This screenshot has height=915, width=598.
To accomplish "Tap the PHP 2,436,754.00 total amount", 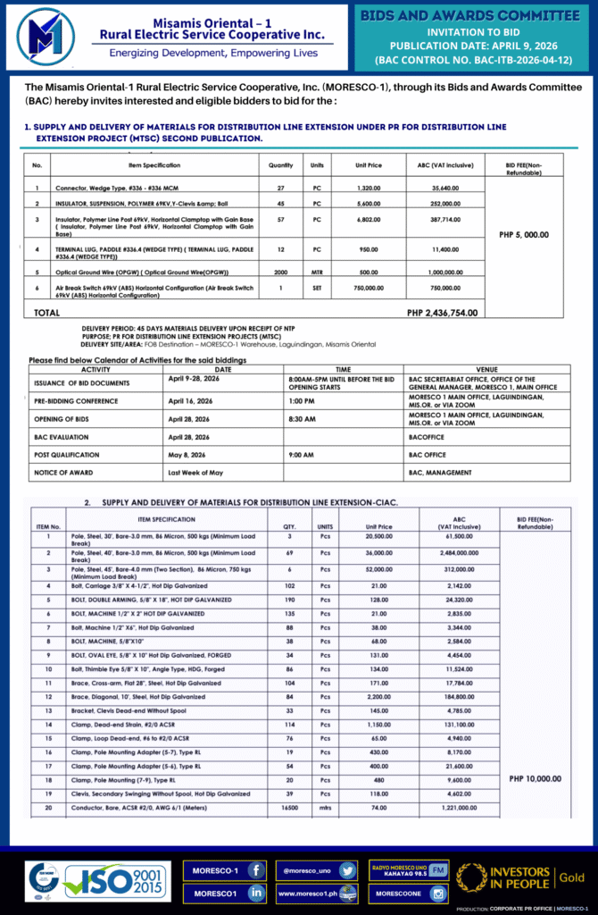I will tap(442, 313).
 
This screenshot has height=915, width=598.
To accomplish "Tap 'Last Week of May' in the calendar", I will tap(195, 472).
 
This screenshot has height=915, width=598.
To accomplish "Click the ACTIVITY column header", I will tap(96, 368).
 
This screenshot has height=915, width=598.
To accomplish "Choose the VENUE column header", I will tap(487, 368).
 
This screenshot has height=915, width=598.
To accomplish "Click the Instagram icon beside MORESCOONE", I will tap(438, 893).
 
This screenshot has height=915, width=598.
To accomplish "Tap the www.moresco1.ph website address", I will tap(306, 893).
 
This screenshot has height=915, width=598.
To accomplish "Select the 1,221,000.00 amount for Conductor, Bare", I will tap(459, 807).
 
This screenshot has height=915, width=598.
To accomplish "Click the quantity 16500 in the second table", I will tap(289, 807).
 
